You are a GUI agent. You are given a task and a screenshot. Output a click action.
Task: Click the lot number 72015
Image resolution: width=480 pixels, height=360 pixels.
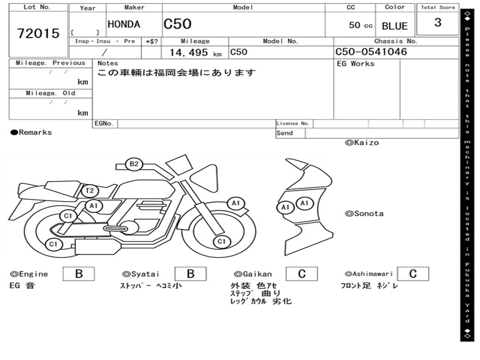coord(38,33)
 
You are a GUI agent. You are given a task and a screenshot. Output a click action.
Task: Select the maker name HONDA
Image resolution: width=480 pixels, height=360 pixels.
coord(124,24)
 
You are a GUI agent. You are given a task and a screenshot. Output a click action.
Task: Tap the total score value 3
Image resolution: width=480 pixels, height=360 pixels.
coord(438,22)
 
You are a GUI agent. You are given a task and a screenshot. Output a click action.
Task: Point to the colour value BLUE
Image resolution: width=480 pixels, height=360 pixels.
coord(395,26)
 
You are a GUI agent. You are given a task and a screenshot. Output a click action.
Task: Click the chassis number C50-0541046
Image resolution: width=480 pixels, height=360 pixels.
coord(371,52)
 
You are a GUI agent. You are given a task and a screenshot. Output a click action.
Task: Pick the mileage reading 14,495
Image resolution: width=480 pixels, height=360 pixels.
coord(188,52)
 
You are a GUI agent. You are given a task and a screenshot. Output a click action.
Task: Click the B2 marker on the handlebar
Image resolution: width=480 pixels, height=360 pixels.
coord(134,164)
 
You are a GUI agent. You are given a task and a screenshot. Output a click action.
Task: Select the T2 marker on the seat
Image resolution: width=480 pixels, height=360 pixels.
coord(90,191)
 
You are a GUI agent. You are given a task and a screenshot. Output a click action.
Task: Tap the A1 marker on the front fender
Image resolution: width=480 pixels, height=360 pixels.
coord(236,203)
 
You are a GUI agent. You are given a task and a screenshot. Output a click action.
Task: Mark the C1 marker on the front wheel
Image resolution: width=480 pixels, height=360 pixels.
coord(221,241)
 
